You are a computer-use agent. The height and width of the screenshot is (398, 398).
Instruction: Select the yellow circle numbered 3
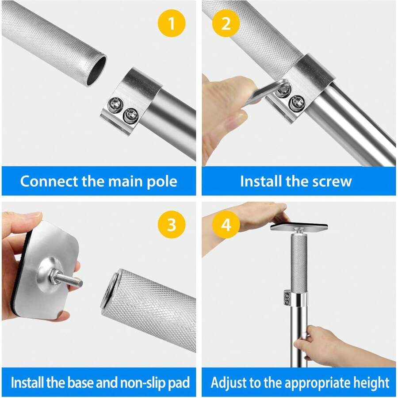171,225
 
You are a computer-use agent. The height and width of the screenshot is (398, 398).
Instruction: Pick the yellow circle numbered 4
226,225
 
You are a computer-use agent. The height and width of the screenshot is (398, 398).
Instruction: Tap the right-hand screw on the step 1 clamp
130,116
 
